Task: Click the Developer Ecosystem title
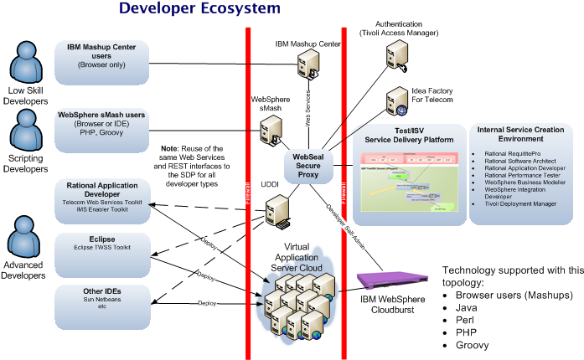pyautogui.click(x=199, y=9)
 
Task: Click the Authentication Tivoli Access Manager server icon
pyautogui.click(x=395, y=54)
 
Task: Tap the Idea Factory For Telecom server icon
pyautogui.click(x=395, y=102)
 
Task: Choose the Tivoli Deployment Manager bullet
pyautogui.click(x=521, y=203)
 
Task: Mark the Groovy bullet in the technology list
pyautogui.click(x=473, y=344)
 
